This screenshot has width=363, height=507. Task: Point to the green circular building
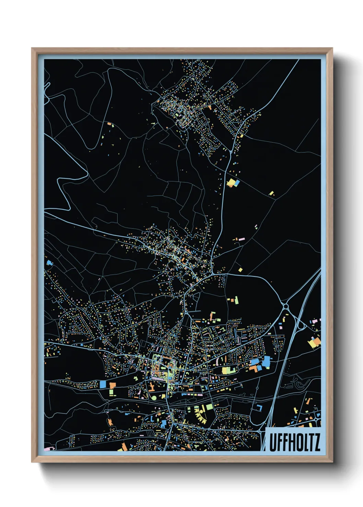click(154, 398)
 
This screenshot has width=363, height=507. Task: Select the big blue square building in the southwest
click(103, 384)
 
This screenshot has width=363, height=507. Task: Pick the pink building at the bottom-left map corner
click(48, 448)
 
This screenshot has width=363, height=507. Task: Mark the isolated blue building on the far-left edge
click(49, 263)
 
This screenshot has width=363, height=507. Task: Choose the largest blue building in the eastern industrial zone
click(267, 361)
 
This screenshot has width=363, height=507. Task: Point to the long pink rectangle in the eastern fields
click(242, 238)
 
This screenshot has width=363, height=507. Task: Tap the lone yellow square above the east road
click(240, 270)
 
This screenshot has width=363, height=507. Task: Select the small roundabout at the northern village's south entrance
click(231, 151)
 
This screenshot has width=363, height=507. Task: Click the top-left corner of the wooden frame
click(32, 48)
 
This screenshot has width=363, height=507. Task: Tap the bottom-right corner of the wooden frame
click(332, 462)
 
